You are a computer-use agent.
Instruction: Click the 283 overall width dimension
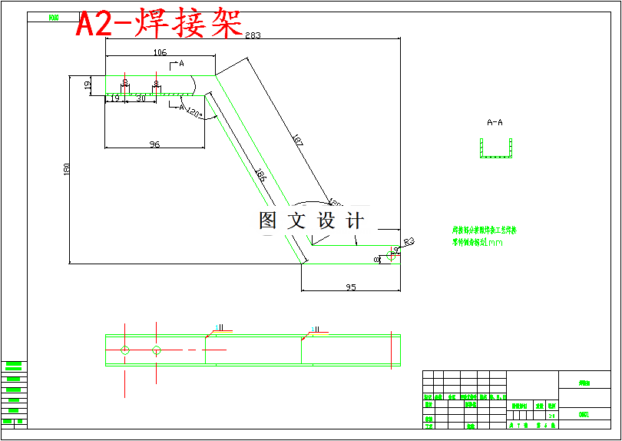click(253, 35)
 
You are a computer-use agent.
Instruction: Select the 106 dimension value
click(160, 53)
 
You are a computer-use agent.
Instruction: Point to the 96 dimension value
click(154, 144)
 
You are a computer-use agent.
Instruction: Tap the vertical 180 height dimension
click(66, 169)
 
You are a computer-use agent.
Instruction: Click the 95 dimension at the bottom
click(351, 287)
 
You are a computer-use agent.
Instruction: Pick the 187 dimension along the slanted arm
click(298, 141)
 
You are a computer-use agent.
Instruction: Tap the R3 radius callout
click(409, 242)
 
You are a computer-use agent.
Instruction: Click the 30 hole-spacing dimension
click(141, 98)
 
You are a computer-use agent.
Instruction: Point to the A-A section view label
click(495, 122)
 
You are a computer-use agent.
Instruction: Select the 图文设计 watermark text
click(311, 221)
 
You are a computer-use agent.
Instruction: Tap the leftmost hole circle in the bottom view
click(125, 350)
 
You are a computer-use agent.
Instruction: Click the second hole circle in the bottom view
click(156, 350)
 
